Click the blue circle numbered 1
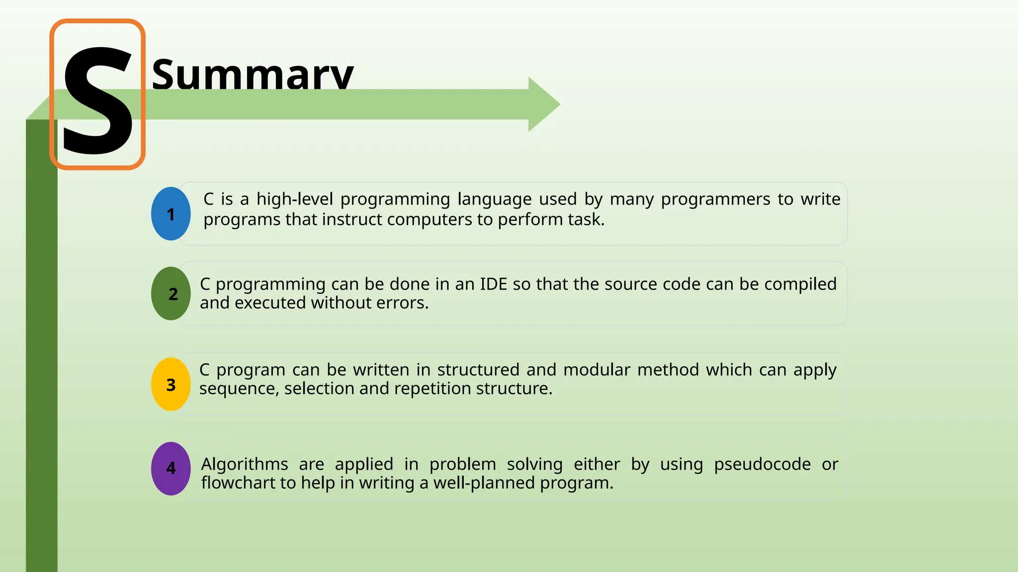(x=170, y=214)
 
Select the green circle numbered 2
(x=170, y=293)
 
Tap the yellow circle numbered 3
(x=170, y=384)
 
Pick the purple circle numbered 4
(x=170, y=468)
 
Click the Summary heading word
(x=252, y=74)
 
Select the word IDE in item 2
(x=493, y=284)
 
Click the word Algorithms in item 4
(x=245, y=464)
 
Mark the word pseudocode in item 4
(x=762, y=464)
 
